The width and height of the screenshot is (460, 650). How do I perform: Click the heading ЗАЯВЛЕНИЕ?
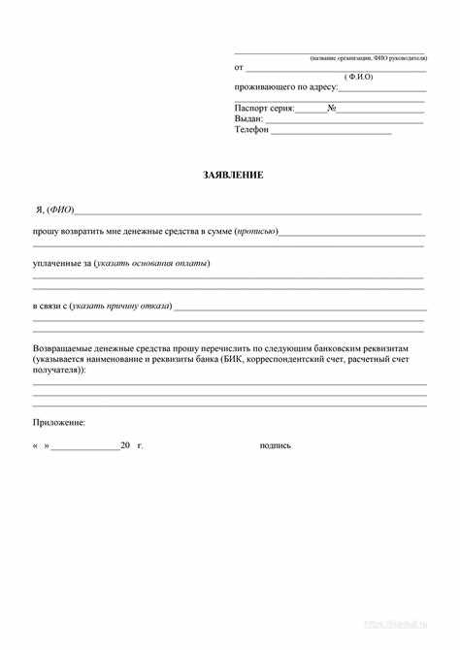click(x=233, y=175)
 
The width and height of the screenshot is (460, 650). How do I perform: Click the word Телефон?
click(x=250, y=129)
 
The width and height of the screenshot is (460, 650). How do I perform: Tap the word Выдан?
click(x=248, y=118)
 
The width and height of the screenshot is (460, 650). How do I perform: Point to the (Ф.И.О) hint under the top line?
click(x=358, y=77)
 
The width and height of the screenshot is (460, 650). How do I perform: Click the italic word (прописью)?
click(x=256, y=231)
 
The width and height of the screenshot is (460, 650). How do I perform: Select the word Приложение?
click(x=59, y=422)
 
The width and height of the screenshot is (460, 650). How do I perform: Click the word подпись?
click(x=276, y=445)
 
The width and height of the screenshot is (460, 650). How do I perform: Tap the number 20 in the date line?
click(x=125, y=445)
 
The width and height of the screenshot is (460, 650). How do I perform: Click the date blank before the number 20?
click(x=84, y=448)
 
